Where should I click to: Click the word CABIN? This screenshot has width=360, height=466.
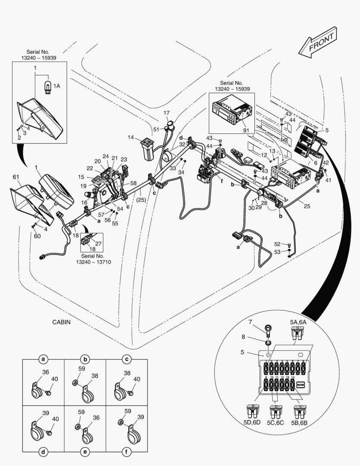coord(61,322)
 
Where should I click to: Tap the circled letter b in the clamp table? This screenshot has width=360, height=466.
coord(85,359)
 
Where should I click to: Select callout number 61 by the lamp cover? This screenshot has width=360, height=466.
coord(16,177)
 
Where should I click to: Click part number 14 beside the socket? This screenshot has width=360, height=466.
coord(131,137)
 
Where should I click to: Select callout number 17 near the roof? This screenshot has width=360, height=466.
coord(166,113)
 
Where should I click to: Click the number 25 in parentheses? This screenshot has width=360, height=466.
coord(141,200)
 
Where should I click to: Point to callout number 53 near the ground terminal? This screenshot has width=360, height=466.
coord(277,252)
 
